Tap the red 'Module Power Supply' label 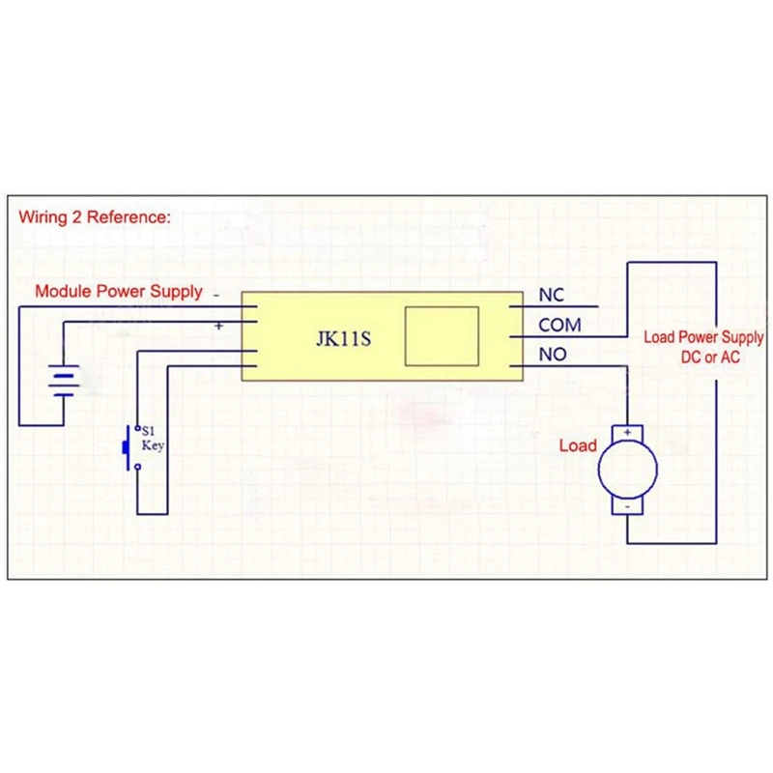coord(119,292)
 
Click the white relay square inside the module coord(442,335)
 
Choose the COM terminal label coord(559,326)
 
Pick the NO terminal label coord(552,355)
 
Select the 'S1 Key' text coord(154,439)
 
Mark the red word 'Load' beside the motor coord(578,446)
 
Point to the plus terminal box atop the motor coord(628,432)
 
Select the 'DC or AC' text coord(710,358)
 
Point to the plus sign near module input coord(218,326)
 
